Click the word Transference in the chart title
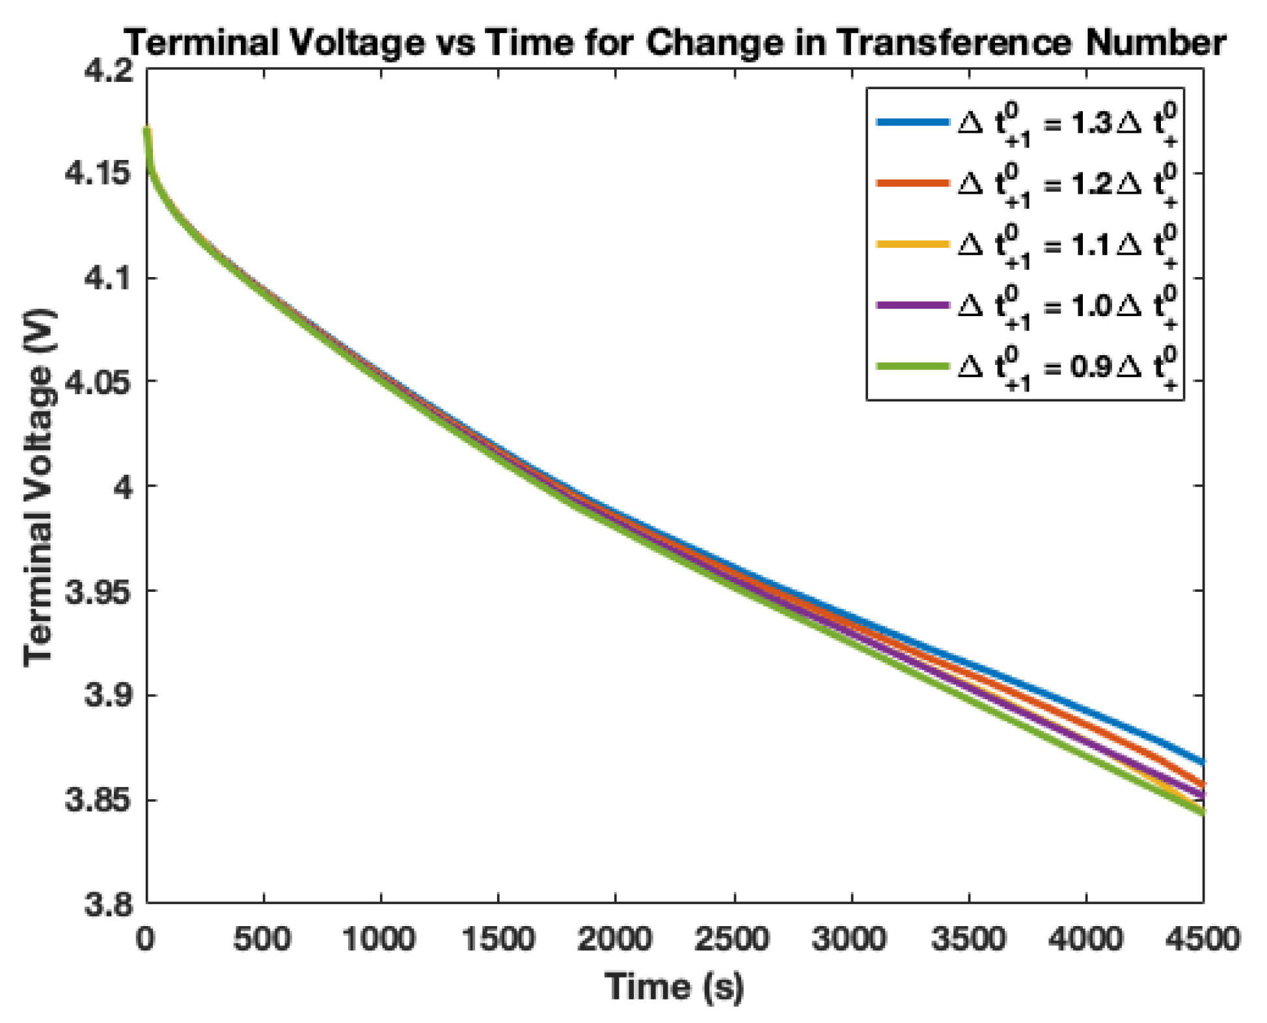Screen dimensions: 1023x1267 click(953, 43)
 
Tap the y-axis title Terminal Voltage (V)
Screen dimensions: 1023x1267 click(39, 488)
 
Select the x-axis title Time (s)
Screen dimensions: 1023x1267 click(674, 987)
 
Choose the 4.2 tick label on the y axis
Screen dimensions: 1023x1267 click(107, 70)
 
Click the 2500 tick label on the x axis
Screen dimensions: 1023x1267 click(733, 940)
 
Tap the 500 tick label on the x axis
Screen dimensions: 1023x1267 click(263, 940)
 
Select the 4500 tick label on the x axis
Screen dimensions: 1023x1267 click(1203, 940)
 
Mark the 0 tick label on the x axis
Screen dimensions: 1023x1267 click(146, 940)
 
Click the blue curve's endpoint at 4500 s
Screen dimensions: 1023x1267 click(1202, 762)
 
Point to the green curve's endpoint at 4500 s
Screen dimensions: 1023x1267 click(1202, 812)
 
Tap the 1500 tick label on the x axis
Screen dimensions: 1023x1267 click(498, 940)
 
